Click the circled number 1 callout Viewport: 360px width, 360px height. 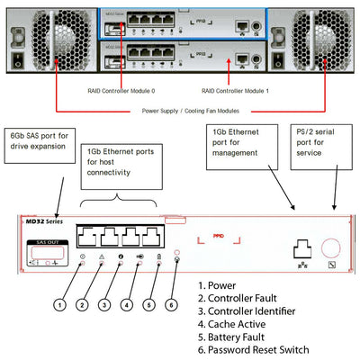(x=59, y=304)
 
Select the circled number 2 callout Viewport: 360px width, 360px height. (x=83, y=304)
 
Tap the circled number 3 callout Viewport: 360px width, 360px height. (x=106, y=304)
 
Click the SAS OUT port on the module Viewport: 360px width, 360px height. (x=41, y=257)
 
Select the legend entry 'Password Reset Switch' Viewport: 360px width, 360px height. (x=257, y=349)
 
